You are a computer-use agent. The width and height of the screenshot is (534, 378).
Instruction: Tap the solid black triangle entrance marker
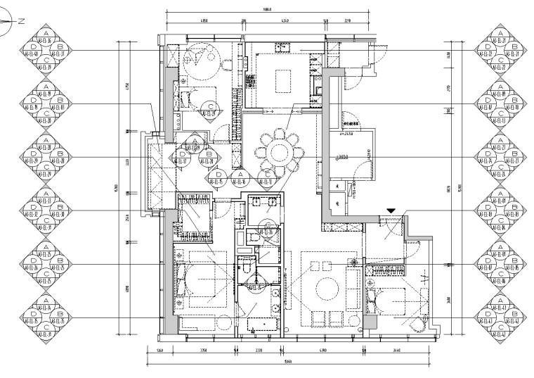[391, 210]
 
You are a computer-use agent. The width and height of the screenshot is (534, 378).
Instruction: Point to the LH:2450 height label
[350, 133]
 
